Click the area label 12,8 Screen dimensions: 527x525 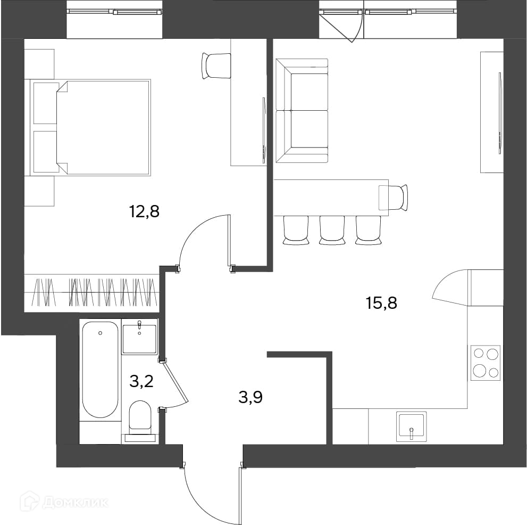144,212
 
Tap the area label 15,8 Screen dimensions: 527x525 381,303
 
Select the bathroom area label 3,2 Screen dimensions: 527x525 141,382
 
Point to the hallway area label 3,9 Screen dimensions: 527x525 250,397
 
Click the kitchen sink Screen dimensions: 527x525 412,426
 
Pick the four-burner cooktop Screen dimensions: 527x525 486,363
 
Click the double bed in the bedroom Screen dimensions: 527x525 91,128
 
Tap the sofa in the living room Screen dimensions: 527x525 302,111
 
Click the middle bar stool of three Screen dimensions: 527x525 332,230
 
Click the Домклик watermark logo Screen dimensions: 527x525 64,503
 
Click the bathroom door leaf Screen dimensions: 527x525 175,382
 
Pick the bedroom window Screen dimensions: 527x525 114,12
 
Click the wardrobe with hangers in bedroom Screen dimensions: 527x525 91,291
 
